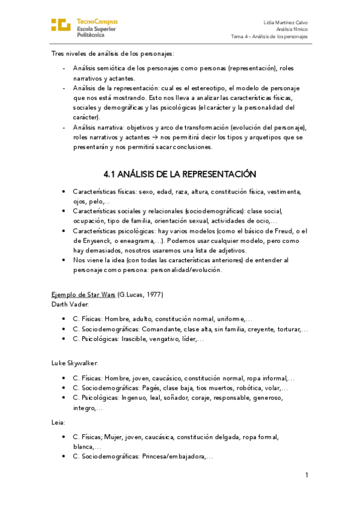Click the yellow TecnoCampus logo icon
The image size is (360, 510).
click(61, 25)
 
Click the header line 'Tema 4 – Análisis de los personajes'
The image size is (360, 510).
click(269, 36)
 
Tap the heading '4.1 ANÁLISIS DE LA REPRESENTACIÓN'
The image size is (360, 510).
click(180, 174)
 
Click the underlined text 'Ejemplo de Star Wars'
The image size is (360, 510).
click(84, 294)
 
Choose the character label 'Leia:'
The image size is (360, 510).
click(58, 422)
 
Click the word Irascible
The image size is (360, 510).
click(136, 339)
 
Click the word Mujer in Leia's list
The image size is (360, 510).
click(114, 437)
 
